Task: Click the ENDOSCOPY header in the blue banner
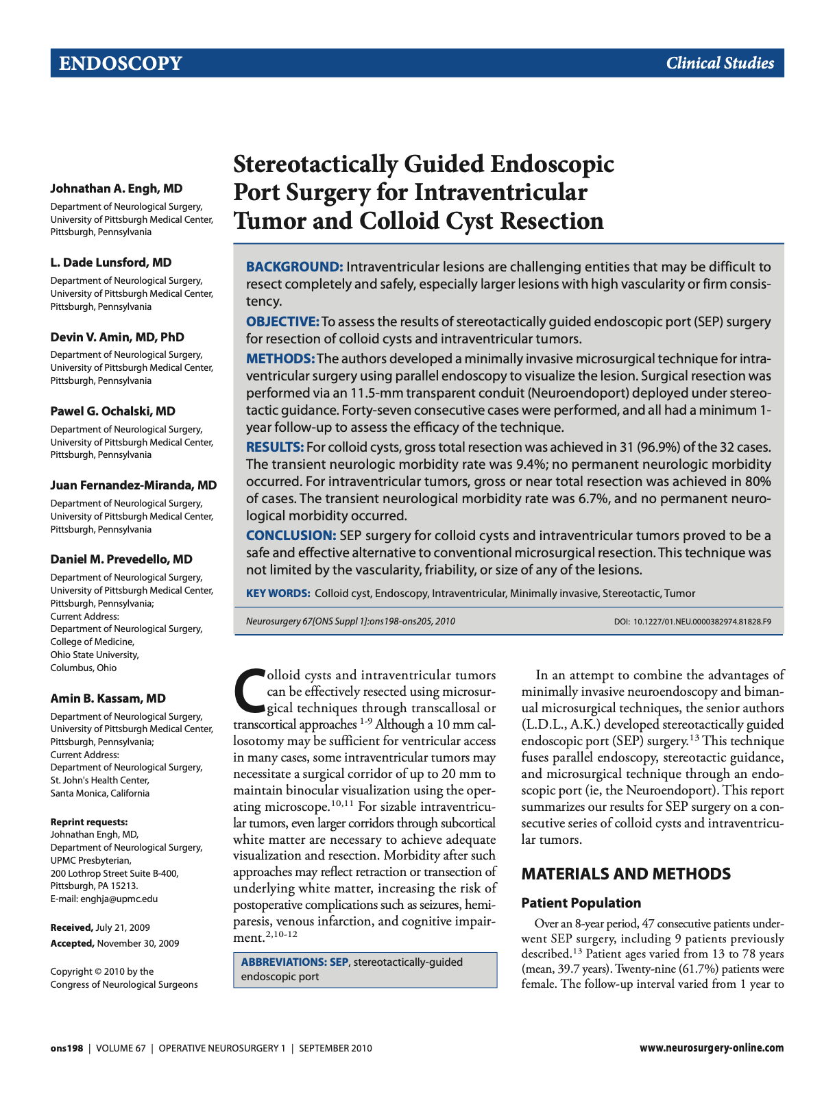tap(120, 64)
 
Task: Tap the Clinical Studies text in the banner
tap(719, 64)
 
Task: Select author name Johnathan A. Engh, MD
tap(116, 189)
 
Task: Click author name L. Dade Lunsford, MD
tap(110, 263)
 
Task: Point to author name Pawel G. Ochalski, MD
tap(112, 411)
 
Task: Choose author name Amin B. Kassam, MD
tap(108, 698)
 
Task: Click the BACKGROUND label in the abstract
tap(294, 267)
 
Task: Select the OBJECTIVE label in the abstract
tap(282, 322)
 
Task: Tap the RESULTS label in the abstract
tap(275, 448)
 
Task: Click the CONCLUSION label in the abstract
tap(291, 536)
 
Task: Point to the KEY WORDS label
tap(278, 594)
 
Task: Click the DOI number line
tap(692, 622)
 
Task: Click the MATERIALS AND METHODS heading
tap(625, 874)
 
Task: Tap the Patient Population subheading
tap(581, 903)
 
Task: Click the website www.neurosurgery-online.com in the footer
tap(711, 1048)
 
